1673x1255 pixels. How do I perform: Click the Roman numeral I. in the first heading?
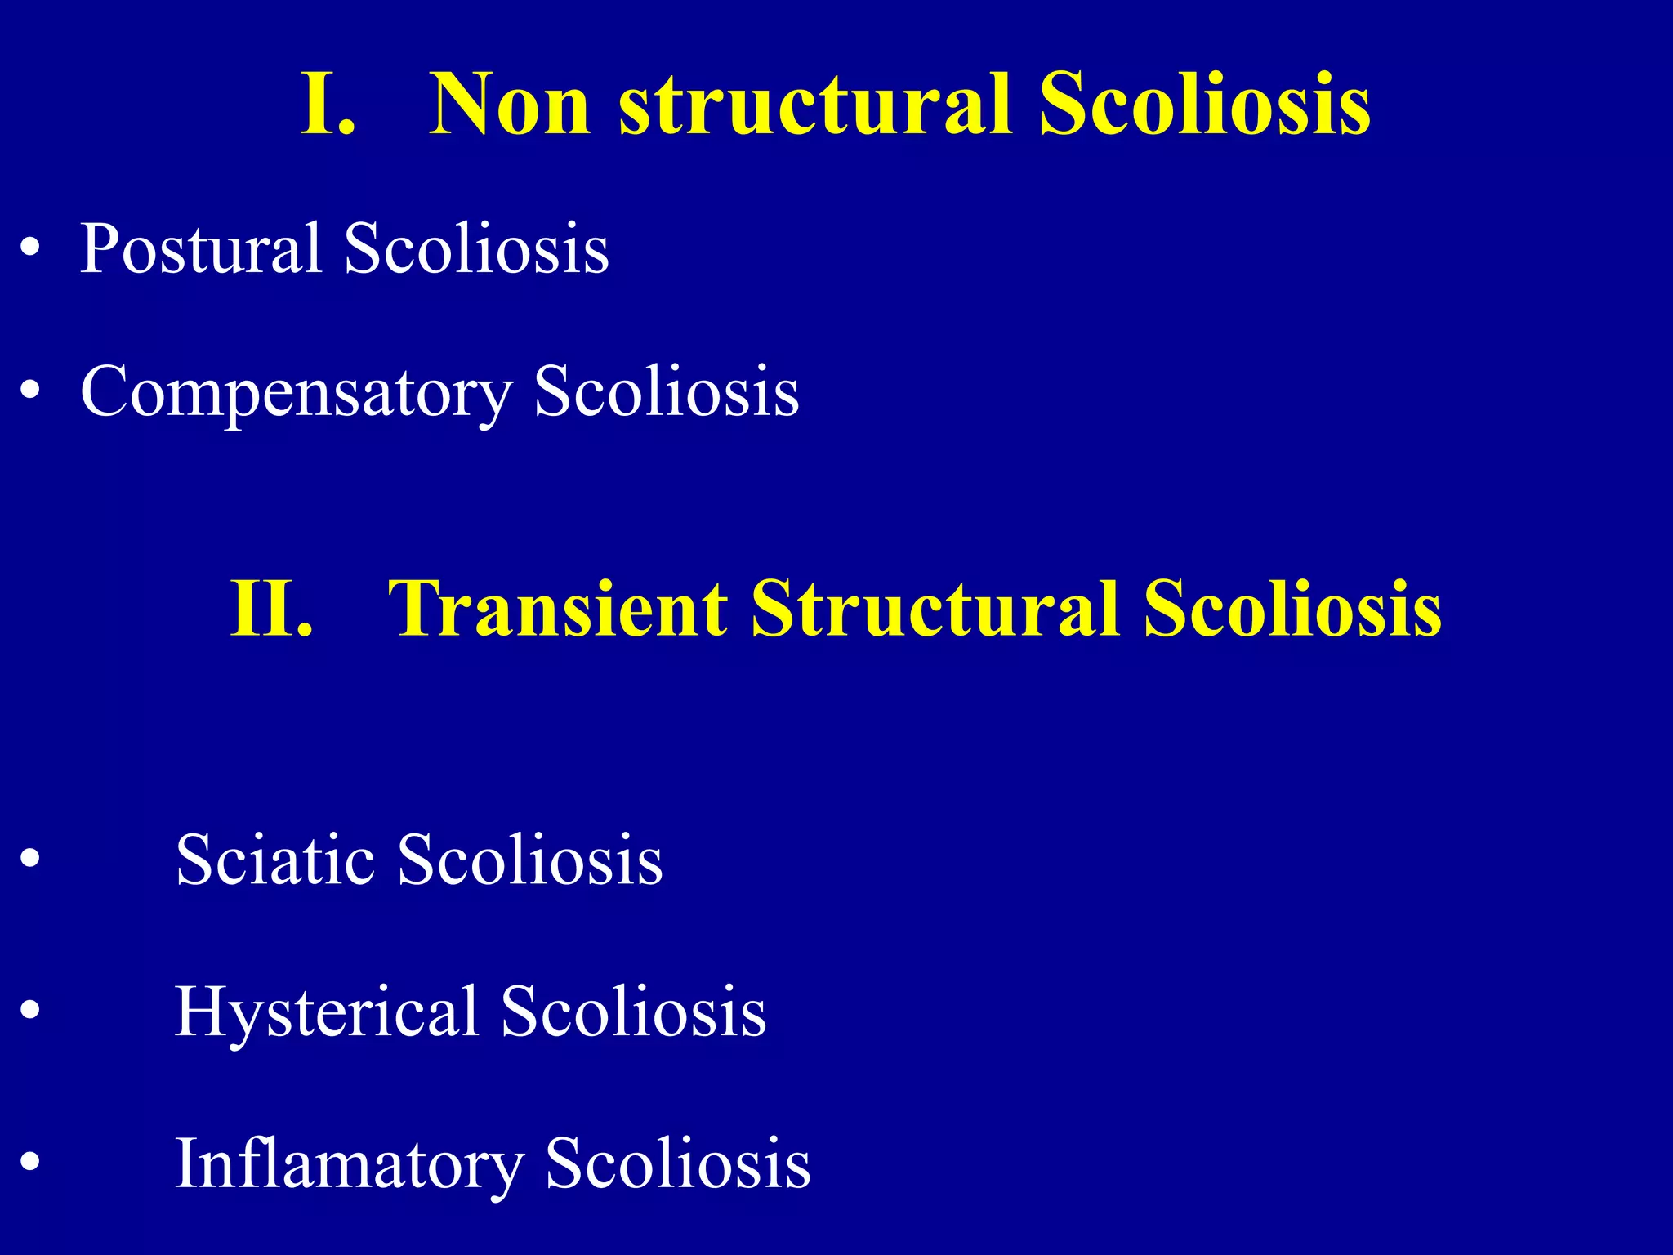[328, 104]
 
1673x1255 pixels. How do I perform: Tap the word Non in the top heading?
[509, 104]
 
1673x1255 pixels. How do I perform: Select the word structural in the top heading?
[817, 104]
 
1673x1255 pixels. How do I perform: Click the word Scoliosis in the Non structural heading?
[1205, 104]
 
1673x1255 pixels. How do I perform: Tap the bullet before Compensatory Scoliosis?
[30, 391]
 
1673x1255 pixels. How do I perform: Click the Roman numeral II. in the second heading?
[271, 608]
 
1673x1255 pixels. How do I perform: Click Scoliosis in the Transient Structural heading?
[1292, 608]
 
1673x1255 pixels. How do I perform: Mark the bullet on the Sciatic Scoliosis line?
[30, 859]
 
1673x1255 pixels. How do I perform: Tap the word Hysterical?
[326, 1012]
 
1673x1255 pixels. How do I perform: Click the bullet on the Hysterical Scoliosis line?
[30, 1011]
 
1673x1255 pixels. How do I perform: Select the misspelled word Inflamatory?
[349, 1163]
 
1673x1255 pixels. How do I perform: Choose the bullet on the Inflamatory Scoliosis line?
[30, 1163]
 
